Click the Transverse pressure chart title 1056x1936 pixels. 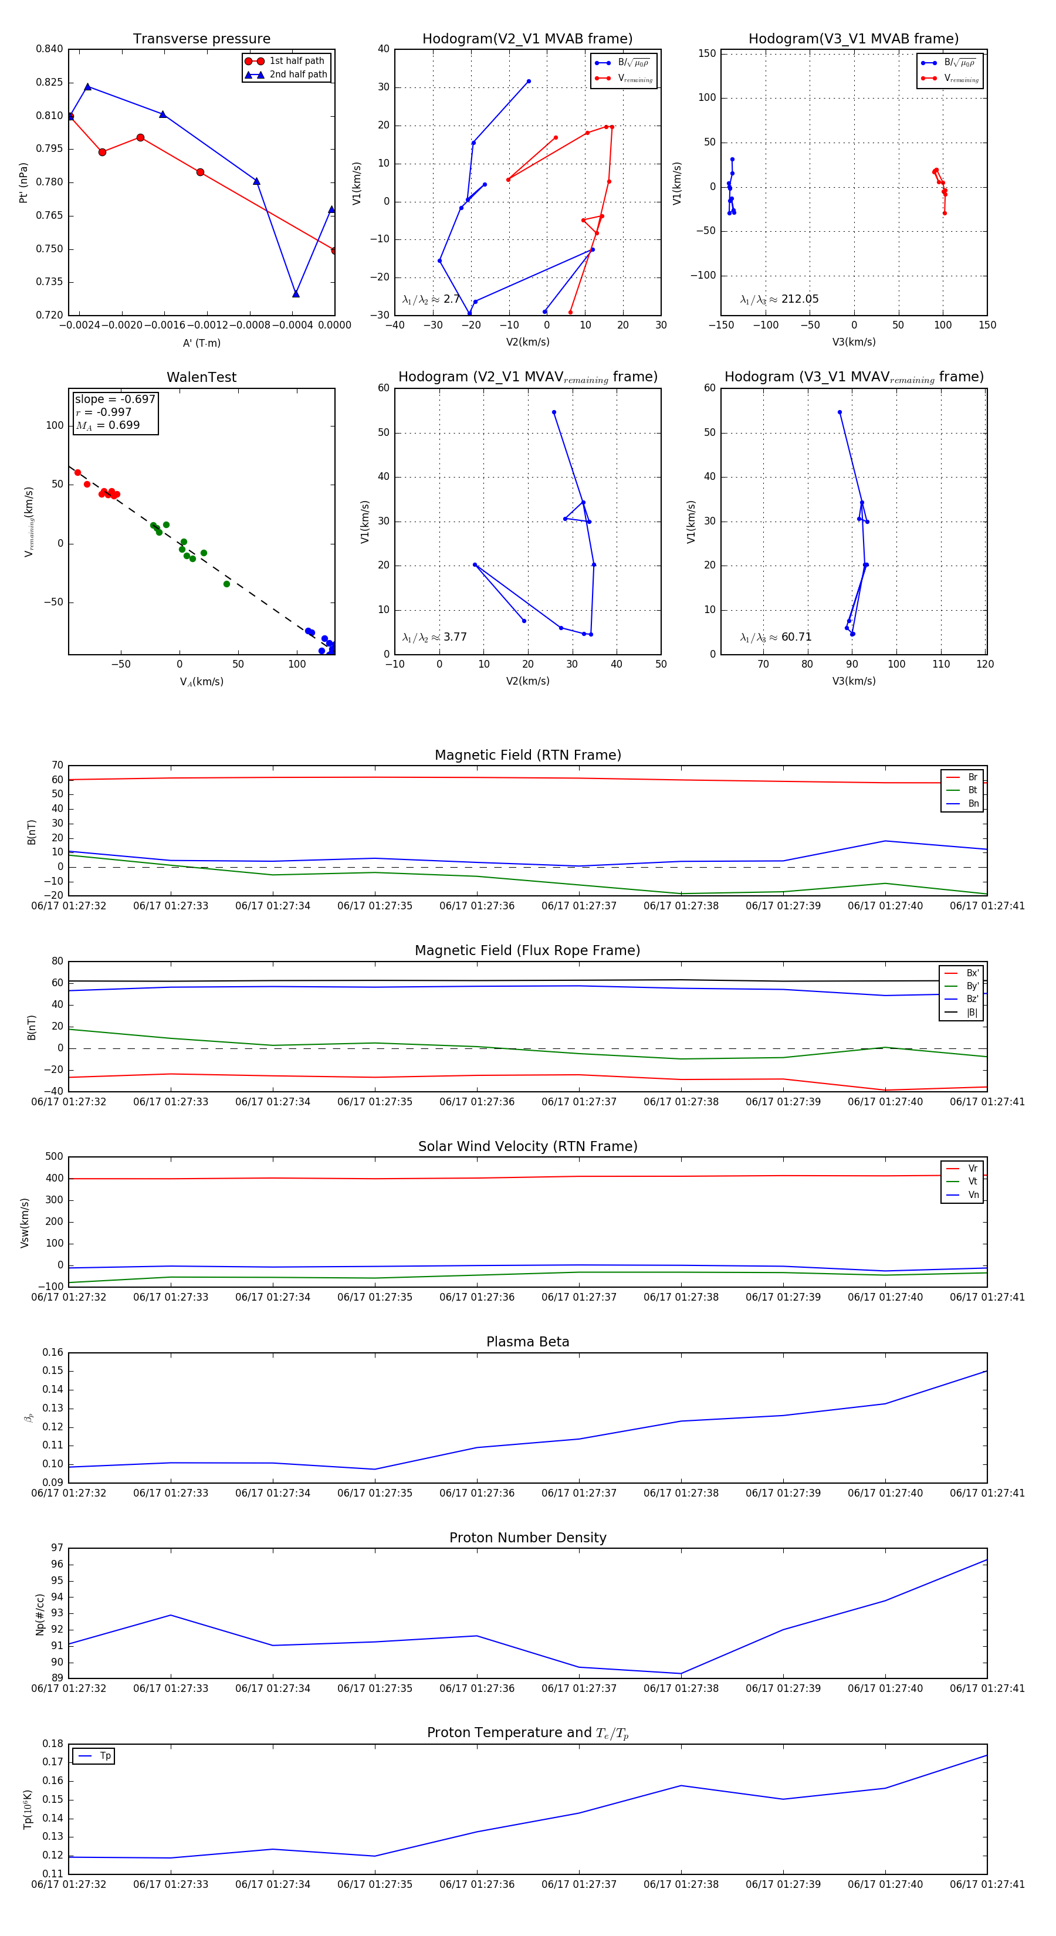(201, 39)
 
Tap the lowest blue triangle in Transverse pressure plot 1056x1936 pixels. (295, 293)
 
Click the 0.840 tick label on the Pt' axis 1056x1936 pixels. (50, 49)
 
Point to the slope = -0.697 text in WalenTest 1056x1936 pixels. (115, 399)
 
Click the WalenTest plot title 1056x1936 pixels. (201, 377)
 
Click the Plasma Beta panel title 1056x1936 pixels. (527, 1342)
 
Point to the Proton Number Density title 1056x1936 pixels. (527, 1537)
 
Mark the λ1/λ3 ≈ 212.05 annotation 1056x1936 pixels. (780, 299)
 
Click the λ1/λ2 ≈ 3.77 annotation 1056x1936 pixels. (434, 637)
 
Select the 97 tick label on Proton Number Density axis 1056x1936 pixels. (57, 1548)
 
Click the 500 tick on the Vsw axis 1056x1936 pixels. (54, 1157)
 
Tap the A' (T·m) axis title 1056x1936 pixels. (201, 343)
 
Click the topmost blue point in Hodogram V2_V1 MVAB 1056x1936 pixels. (529, 81)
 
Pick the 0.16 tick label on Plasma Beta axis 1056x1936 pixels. (53, 1352)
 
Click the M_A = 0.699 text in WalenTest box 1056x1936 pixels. (107, 425)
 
